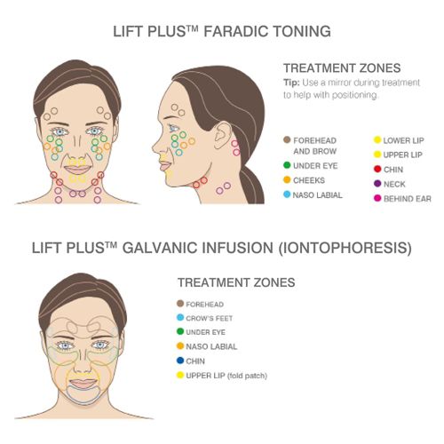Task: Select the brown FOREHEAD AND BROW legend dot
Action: pyautogui.click(x=287, y=139)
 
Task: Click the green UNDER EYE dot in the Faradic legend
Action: pyautogui.click(x=287, y=165)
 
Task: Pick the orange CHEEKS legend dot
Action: pyautogui.click(x=287, y=179)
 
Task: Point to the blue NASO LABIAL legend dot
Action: pyautogui.click(x=287, y=194)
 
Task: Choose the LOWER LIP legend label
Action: pyautogui.click(x=403, y=140)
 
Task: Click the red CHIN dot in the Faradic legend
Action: pyautogui.click(x=377, y=169)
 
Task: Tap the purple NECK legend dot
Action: pyautogui.click(x=377, y=184)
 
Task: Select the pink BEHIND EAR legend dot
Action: pyautogui.click(x=377, y=198)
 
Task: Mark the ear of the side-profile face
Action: pyautogui.click(x=222, y=135)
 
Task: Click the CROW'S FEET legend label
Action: pyautogui.click(x=209, y=318)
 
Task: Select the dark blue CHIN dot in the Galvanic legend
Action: pyautogui.click(x=180, y=361)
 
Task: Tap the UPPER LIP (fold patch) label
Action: pyautogui.click(x=226, y=376)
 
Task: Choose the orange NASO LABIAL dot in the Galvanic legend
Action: pyautogui.click(x=180, y=345)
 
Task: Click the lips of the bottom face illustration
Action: pyautogui.click(x=83, y=384)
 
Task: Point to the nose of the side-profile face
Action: pyautogui.click(x=156, y=146)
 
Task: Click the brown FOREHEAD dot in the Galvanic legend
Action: pyautogui.click(x=180, y=304)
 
